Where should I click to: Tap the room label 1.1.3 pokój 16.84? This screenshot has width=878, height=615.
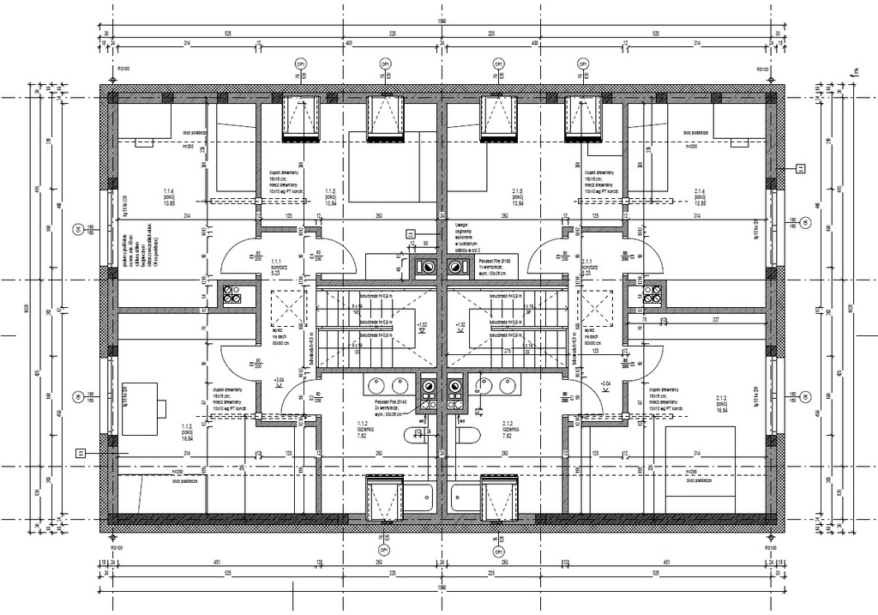point(186,433)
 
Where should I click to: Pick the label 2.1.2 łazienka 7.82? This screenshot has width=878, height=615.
point(508,430)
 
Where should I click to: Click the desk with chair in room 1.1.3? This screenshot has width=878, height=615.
point(143,402)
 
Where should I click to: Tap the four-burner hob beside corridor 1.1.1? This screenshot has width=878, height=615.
point(232,295)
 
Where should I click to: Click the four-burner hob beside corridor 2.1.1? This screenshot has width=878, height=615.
point(652,295)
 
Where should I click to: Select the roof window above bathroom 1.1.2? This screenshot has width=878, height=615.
point(384,497)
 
